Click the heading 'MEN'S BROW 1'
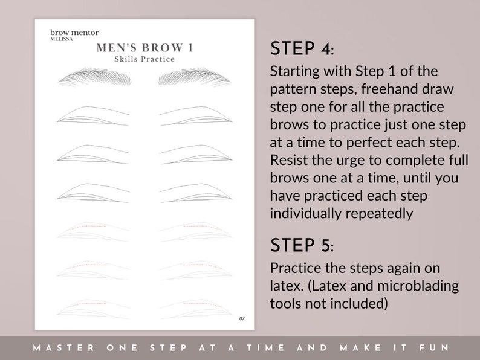144,48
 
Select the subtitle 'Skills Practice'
144,59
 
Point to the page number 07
242,318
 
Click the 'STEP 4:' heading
301,49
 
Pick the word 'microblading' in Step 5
423,284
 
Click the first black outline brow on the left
94,116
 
